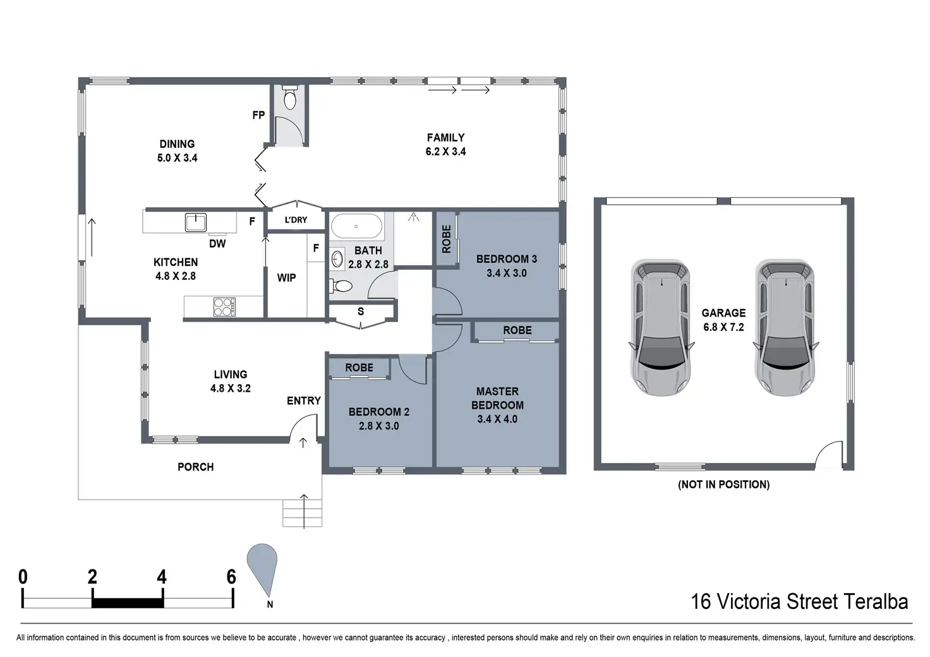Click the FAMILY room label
445,137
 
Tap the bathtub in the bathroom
356,226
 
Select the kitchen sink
196,222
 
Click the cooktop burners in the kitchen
224,307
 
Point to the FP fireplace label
258,115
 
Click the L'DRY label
296,220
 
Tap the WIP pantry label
286,278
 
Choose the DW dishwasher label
217,244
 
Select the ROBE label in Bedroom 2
359,368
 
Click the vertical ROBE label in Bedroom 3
446,239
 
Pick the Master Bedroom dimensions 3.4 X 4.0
497,419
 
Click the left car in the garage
661,327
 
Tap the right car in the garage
785,327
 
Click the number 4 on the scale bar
162,577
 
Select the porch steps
302,513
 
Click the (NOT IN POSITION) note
723,485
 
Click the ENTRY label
303,401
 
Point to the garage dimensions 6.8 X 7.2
723,327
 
